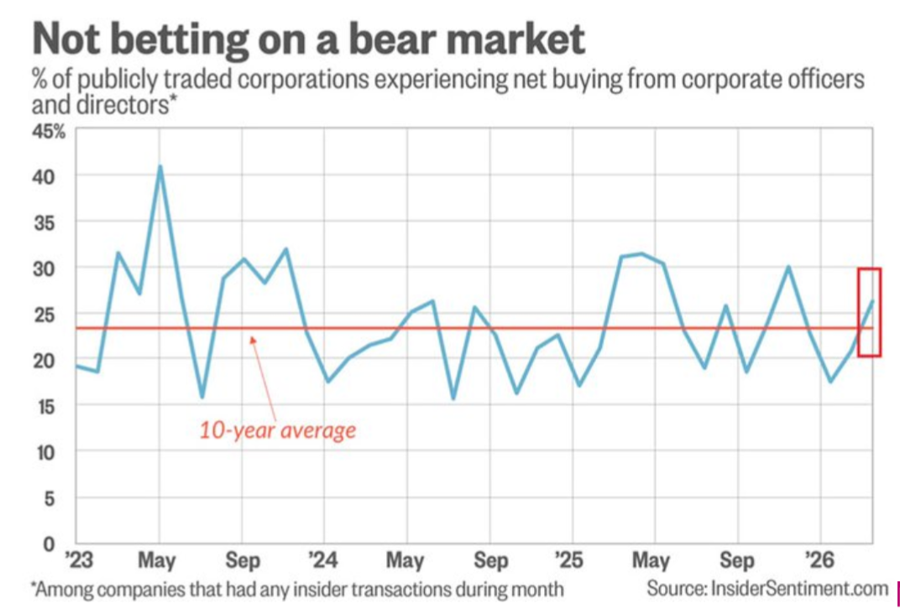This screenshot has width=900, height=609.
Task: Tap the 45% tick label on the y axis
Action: point(48,131)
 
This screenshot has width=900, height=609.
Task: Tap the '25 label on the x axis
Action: point(572,560)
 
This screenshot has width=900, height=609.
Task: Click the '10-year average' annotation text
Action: point(277,431)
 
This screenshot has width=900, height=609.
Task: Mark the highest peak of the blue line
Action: point(160,166)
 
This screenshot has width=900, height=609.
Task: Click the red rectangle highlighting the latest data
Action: point(869,312)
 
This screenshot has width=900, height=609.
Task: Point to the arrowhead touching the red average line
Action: point(251,337)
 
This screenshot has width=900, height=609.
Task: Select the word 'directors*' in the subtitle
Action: point(120,107)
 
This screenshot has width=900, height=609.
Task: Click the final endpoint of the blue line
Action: point(873,300)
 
